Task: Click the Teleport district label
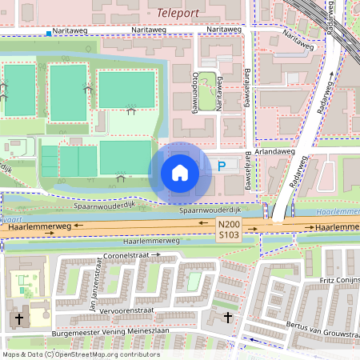(179, 13)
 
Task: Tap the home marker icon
(180, 172)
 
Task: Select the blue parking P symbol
(222, 166)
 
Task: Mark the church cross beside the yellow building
(18, 319)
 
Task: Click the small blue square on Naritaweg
(49, 34)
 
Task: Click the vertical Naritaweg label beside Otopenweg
(217, 99)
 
